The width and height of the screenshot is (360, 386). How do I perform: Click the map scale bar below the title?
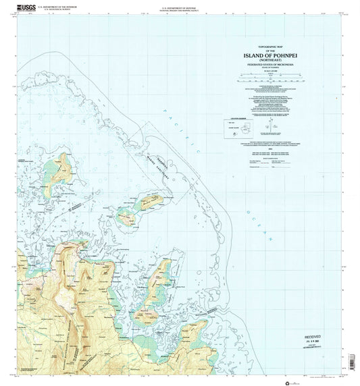tap(269, 80)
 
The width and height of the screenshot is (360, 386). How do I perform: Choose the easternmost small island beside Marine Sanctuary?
tap(150, 201)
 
